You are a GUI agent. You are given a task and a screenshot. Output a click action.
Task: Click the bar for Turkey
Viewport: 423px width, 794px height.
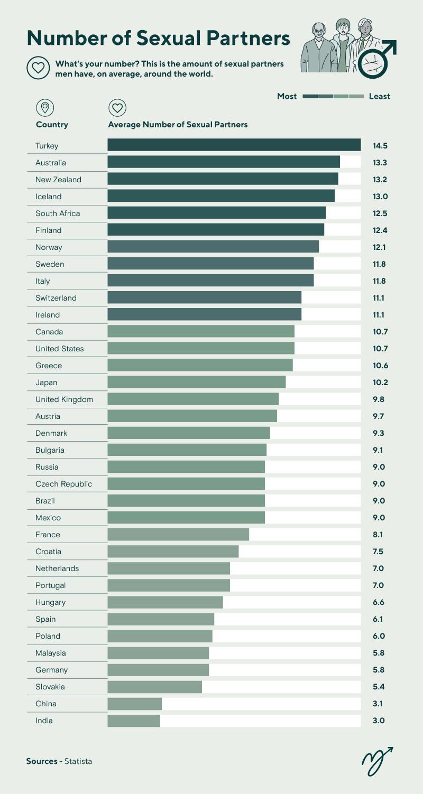coord(234,145)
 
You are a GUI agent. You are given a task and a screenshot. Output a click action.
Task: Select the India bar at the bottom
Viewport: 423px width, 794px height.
coord(133,721)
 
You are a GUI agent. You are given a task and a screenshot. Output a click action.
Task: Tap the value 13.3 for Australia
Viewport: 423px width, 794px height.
coord(380,163)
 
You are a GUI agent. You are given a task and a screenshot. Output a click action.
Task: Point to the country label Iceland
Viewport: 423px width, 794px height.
coord(49,197)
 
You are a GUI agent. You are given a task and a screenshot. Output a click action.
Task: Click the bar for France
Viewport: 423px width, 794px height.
coord(178,535)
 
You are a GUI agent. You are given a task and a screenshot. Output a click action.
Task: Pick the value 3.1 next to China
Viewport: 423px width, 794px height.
coord(378,704)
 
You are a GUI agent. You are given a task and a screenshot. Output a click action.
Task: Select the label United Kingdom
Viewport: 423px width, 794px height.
coord(64,399)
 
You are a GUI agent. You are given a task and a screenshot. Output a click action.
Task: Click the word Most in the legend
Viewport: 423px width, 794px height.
coord(287,96)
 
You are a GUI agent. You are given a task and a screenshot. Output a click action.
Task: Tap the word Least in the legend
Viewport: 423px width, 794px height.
coord(379,96)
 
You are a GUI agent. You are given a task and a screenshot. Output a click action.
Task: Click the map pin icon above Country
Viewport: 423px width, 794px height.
coord(45,108)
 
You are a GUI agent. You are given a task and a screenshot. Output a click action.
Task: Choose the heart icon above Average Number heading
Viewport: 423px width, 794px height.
coord(117,108)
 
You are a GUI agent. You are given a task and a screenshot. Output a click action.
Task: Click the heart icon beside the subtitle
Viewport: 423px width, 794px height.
coord(38,68)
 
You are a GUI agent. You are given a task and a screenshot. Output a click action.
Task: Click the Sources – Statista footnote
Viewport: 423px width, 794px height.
coord(59,761)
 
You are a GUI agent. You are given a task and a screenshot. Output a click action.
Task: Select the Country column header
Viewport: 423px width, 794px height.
coord(52,125)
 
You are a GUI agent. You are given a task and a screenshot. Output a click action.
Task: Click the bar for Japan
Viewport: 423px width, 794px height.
coord(196,382)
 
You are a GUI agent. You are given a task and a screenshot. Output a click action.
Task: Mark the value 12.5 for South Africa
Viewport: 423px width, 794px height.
coord(380,213)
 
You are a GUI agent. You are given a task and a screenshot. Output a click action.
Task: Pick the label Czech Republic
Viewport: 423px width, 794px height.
coord(63,484)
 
